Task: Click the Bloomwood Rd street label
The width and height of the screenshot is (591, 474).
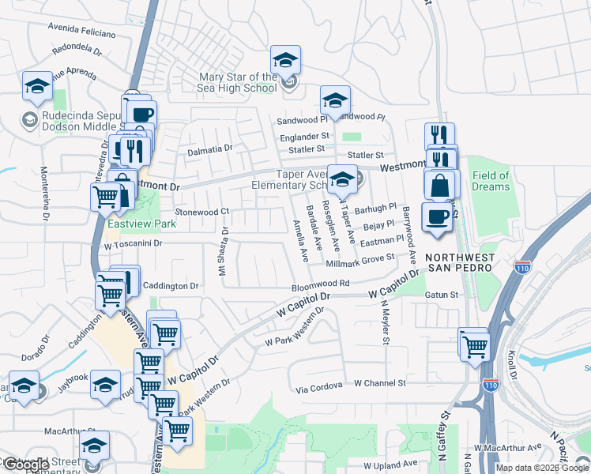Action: [320, 282]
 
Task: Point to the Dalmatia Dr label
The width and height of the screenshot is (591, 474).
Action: [209, 149]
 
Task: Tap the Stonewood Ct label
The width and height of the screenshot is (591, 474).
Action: [201, 212]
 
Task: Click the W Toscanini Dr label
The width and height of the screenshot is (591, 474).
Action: [133, 244]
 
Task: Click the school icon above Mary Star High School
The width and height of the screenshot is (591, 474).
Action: [285, 59]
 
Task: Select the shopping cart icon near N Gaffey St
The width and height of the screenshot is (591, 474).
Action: [475, 344]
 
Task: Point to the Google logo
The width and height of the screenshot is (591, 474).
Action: [26, 465]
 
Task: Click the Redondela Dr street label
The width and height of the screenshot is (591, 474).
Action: [77, 52]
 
